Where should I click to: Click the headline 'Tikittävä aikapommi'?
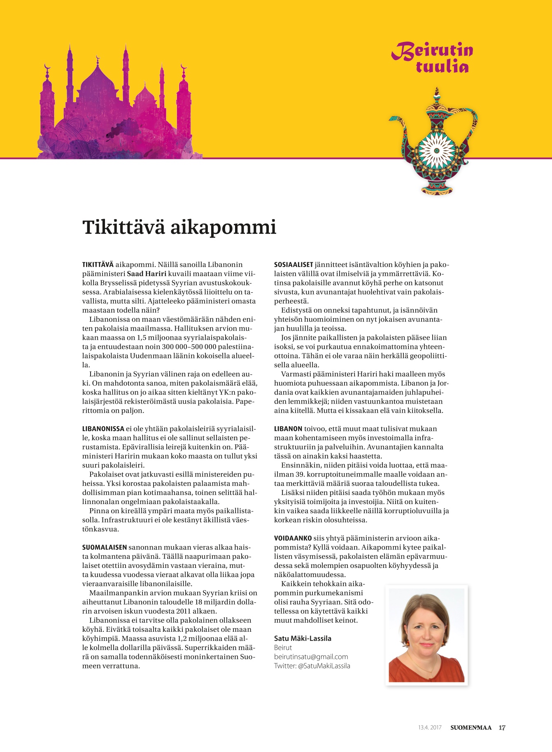pos(179,227)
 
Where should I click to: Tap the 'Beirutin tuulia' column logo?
pos(432,58)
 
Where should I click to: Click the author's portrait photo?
pos(426,635)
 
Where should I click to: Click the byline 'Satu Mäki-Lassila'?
pos(303,638)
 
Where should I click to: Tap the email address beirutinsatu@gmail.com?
pos(311,657)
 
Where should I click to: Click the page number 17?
pos(502,728)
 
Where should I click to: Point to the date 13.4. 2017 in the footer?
pos(430,728)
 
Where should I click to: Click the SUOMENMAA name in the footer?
pos(471,728)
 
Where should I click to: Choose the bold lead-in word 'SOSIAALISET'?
pos(293,264)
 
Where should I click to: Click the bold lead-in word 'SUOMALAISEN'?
pos(105,547)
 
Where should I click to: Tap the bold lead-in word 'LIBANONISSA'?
pos(103,429)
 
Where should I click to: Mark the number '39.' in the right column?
pos(300,474)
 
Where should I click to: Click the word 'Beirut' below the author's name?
pos(283,648)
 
